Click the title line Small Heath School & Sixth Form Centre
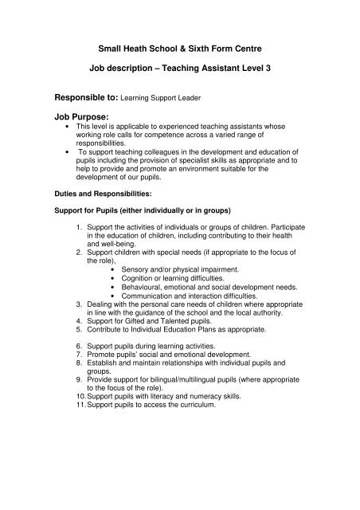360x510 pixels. pos(181,47)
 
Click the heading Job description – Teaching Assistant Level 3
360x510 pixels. pos(181,69)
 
